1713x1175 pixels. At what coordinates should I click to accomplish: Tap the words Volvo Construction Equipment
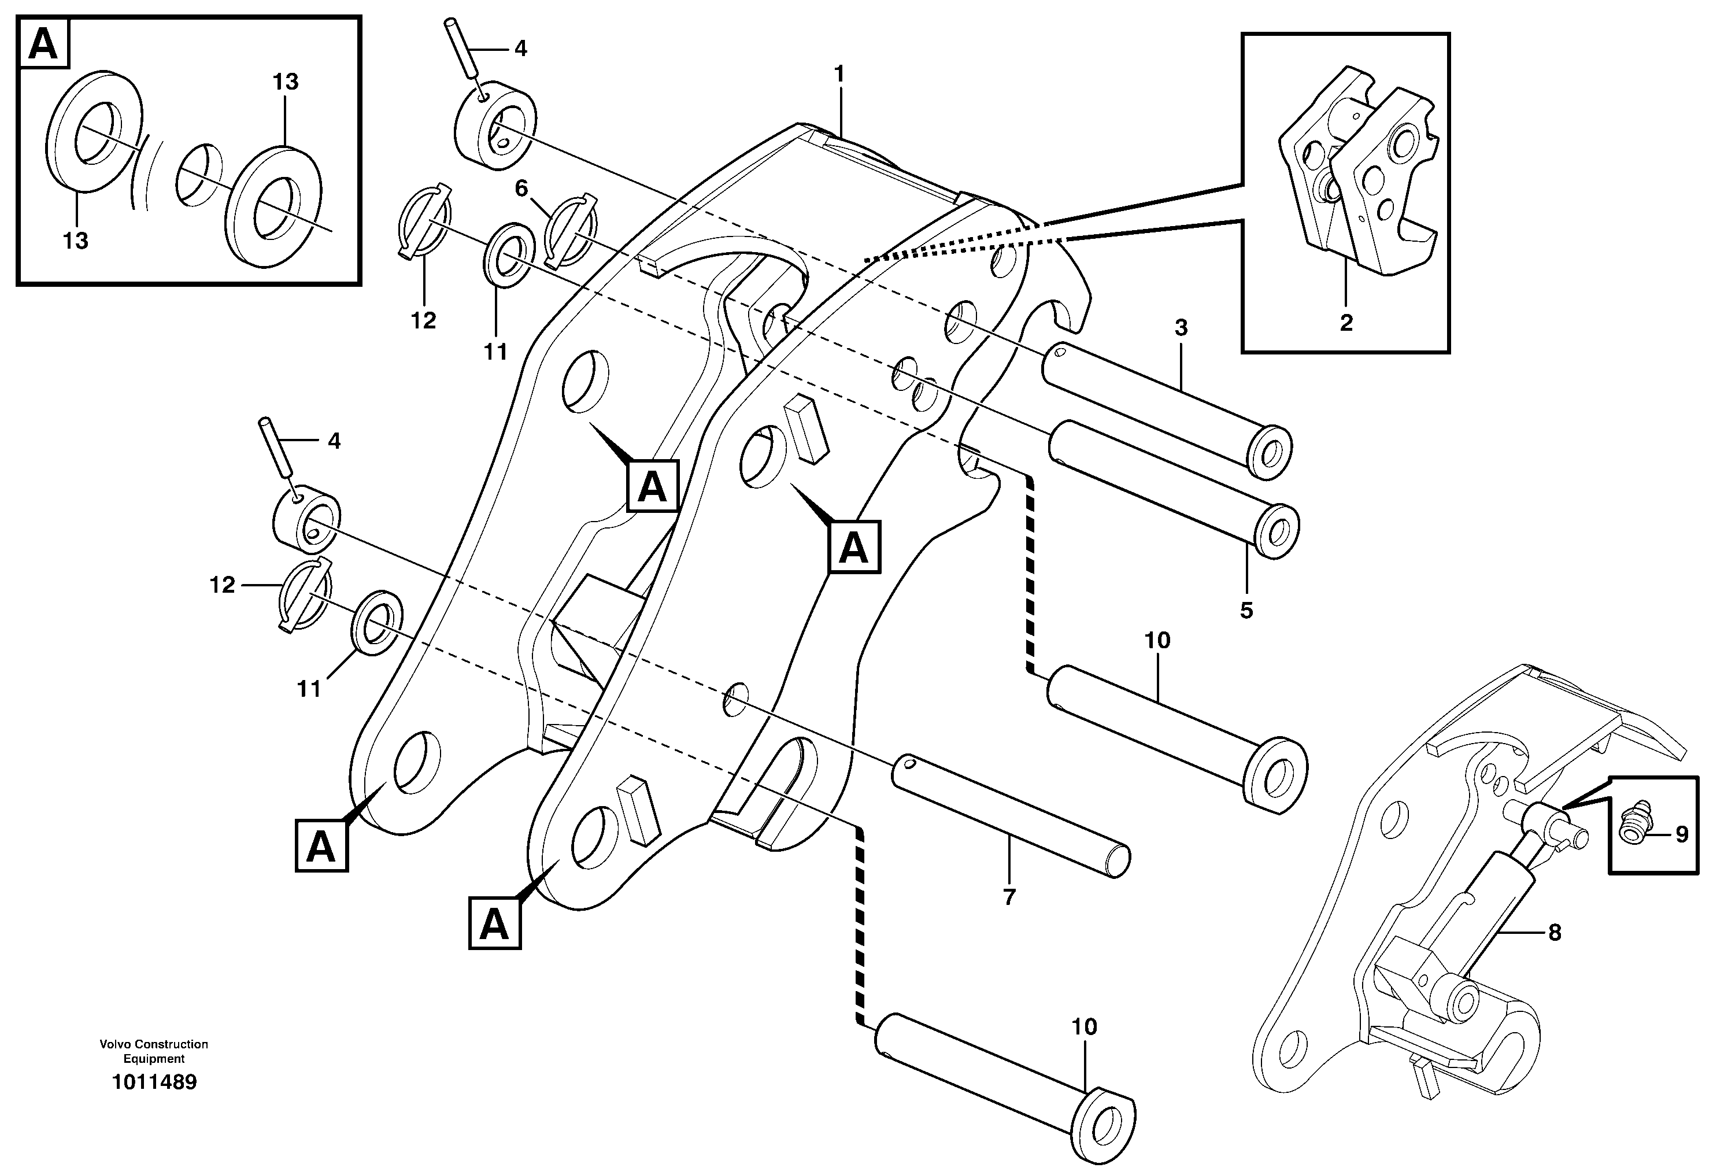pyautogui.click(x=154, y=1051)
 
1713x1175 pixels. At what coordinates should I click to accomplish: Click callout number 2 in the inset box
pyautogui.click(x=1346, y=323)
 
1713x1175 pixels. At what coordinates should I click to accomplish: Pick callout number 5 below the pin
pyautogui.click(x=1246, y=611)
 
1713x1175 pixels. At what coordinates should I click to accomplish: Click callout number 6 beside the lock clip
pyautogui.click(x=521, y=189)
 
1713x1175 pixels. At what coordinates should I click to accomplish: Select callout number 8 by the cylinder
pyautogui.click(x=1555, y=933)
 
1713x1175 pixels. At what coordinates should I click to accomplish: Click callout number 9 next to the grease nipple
pyautogui.click(x=1681, y=834)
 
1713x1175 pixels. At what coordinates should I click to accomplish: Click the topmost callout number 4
pyautogui.click(x=520, y=49)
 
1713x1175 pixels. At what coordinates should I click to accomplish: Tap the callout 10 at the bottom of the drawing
pyautogui.click(x=1083, y=1027)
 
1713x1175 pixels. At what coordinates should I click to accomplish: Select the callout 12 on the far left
pyautogui.click(x=222, y=585)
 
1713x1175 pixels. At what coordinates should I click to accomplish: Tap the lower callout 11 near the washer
pyautogui.click(x=309, y=689)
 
